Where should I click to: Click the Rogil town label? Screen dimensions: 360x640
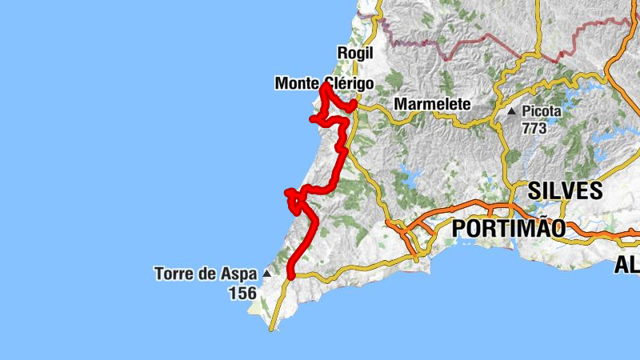(x=356, y=53)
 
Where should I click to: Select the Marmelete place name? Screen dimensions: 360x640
(x=432, y=105)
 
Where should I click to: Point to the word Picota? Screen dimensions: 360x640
(x=542, y=111)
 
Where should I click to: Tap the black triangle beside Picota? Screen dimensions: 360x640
(x=511, y=111)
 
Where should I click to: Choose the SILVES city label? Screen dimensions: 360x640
(x=565, y=190)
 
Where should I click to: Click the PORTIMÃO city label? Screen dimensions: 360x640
(x=509, y=229)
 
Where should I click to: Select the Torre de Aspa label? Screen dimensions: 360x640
(x=206, y=274)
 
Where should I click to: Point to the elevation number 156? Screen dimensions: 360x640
(x=242, y=294)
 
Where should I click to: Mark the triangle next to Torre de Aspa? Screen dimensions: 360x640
(x=266, y=274)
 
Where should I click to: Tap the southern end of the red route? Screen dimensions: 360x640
(x=290, y=275)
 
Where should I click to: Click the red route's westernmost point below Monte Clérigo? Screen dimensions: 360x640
(x=311, y=119)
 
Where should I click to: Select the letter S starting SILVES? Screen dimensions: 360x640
(x=534, y=190)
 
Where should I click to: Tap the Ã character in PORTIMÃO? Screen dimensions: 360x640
(x=538, y=229)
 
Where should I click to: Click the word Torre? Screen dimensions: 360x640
(x=173, y=274)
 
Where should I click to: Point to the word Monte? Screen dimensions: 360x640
(x=294, y=82)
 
